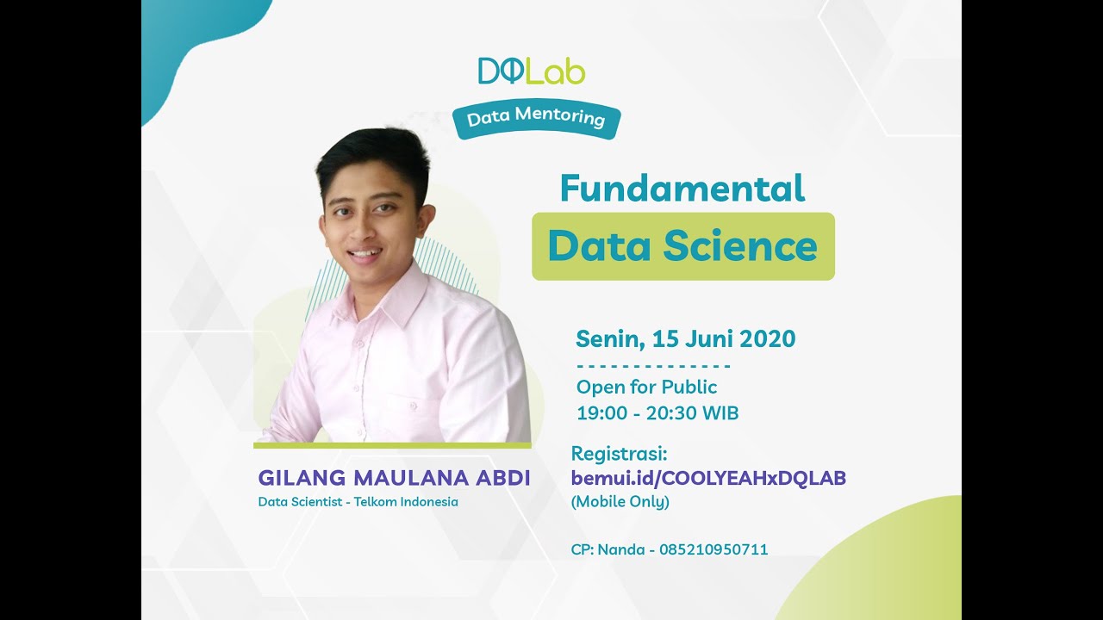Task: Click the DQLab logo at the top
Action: point(532,71)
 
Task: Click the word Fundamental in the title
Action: point(682,188)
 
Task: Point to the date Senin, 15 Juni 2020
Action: point(685,338)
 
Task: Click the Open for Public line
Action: point(646,387)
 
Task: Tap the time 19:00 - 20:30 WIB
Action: point(657,412)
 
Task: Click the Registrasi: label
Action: point(620,454)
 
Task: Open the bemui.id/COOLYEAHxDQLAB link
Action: point(708,478)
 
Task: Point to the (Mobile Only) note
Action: point(620,501)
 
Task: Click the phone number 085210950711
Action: point(714,549)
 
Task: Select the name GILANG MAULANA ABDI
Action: point(394,478)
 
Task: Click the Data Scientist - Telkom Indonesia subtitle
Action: point(358,501)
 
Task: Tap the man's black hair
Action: point(372,155)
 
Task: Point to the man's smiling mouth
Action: point(365,254)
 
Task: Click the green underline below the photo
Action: point(392,445)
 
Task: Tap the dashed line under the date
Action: point(653,365)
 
